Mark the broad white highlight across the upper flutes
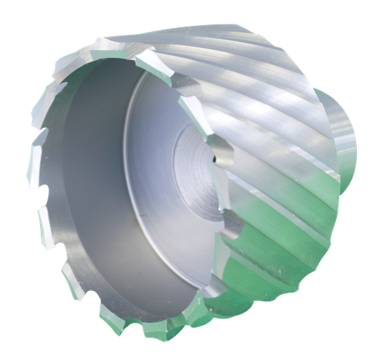[245, 82]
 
